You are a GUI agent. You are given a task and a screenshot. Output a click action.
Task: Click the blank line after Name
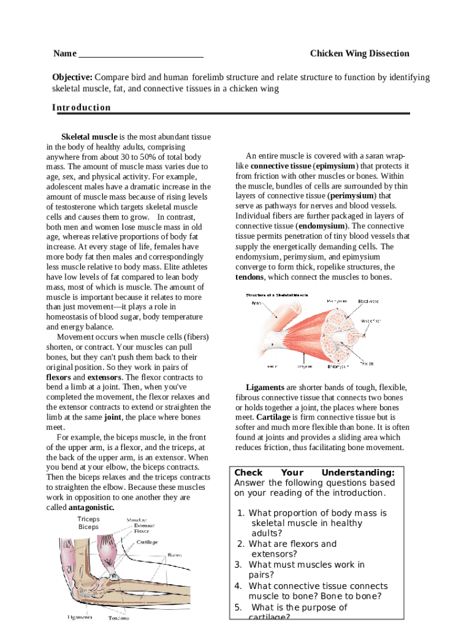click(x=141, y=54)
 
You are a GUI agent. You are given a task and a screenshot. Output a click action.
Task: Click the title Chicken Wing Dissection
click(x=359, y=54)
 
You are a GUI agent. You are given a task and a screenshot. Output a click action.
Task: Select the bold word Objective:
click(x=72, y=78)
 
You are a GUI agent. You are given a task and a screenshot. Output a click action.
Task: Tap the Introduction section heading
click(x=82, y=108)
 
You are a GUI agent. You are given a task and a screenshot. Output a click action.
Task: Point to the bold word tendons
click(x=249, y=277)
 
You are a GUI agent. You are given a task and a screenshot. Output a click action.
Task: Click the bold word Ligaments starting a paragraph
click(x=265, y=388)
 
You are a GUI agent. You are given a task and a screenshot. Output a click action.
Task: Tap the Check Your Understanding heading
click(x=314, y=473)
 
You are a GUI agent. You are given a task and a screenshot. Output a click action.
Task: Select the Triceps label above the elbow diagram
click(x=89, y=519)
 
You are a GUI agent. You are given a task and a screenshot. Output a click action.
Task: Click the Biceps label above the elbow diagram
click(x=88, y=527)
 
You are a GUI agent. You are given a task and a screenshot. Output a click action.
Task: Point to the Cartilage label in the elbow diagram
click(x=147, y=543)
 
